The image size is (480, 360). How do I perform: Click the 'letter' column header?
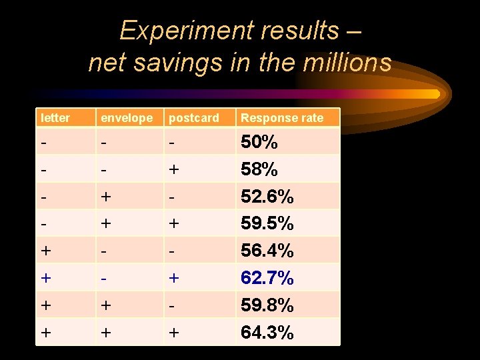[x=55, y=118]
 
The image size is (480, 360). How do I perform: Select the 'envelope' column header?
[x=126, y=118]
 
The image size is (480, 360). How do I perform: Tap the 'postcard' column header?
[x=193, y=118]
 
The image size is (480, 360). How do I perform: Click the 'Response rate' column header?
[x=281, y=118]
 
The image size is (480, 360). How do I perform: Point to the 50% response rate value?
[x=259, y=143]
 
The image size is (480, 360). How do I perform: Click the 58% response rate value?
[x=259, y=170]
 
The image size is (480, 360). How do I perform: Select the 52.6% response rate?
[x=267, y=197]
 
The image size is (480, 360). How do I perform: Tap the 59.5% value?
[x=267, y=223]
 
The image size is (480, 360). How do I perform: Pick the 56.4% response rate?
[x=267, y=251]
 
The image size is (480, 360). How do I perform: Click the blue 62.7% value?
[x=267, y=278]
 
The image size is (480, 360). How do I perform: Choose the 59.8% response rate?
[x=267, y=305]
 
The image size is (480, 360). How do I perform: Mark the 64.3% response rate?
[x=267, y=332]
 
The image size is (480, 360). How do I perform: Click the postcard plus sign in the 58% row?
[x=175, y=170]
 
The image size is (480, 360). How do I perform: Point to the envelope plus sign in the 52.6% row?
[x=106, y=197]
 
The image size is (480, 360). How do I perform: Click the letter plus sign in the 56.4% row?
[x=45, y=251]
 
